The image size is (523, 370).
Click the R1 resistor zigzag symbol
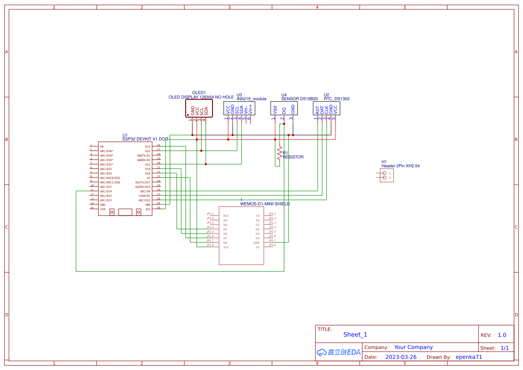pos(280,153)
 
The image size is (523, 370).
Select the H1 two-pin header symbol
pos(387,175)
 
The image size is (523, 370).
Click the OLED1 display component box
pos(199,108)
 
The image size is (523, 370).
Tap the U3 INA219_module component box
pos(239,108)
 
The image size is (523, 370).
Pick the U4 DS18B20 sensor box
pos(284,108)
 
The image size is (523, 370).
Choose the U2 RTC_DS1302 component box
pos(326,108)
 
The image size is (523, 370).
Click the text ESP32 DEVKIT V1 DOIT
pos(145,139)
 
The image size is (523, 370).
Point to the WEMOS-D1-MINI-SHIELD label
pos(265,204)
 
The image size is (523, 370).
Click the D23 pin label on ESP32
pos(148,147)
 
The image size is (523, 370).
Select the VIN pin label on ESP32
pos(102,209)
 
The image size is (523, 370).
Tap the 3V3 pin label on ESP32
pos(148,209)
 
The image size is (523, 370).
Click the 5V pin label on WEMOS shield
pos(257,247)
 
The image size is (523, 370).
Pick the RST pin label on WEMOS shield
pos(226,216)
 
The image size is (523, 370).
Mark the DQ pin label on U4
pos(284,110)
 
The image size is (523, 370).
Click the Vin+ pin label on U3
pos(251,108)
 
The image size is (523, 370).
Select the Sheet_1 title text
pos(355,335)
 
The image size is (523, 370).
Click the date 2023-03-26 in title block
pos(401,357)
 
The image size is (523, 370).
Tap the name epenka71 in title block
pos(469,357)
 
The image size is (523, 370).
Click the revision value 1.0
pos(502,335)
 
